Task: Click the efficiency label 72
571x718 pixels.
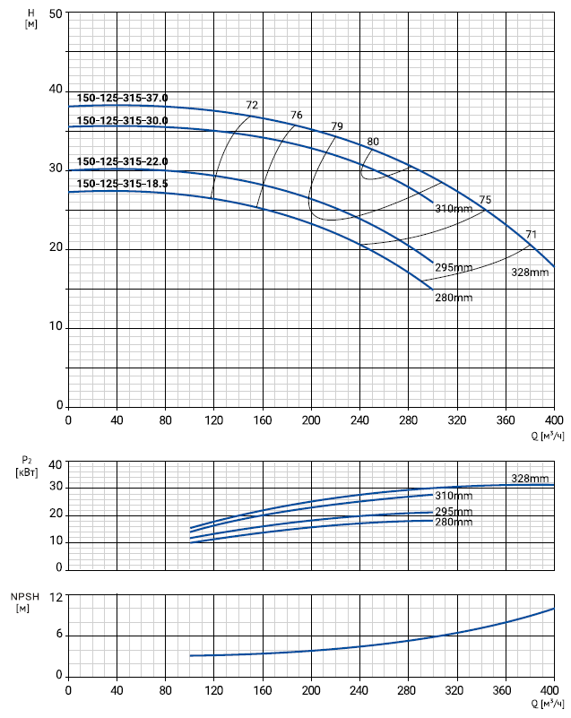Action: tap(252, 106)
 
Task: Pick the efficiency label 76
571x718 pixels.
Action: tap(297, 116)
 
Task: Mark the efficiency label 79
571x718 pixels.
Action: tap(337, 126)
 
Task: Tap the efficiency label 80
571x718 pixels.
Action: tap(373, 142)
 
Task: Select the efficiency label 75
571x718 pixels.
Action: tap(485, 200)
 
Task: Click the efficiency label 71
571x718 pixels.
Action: tap(532, 235)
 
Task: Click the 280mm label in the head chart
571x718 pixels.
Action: tap(454, 298)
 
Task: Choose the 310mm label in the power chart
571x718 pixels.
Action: tap(454, 496)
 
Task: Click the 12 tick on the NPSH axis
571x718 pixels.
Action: tap(56, 597)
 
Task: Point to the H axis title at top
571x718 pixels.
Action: tap(31, 17)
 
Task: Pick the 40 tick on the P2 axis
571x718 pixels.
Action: tap(56, 464)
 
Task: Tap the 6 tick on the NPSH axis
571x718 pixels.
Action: tap(59, 636)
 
